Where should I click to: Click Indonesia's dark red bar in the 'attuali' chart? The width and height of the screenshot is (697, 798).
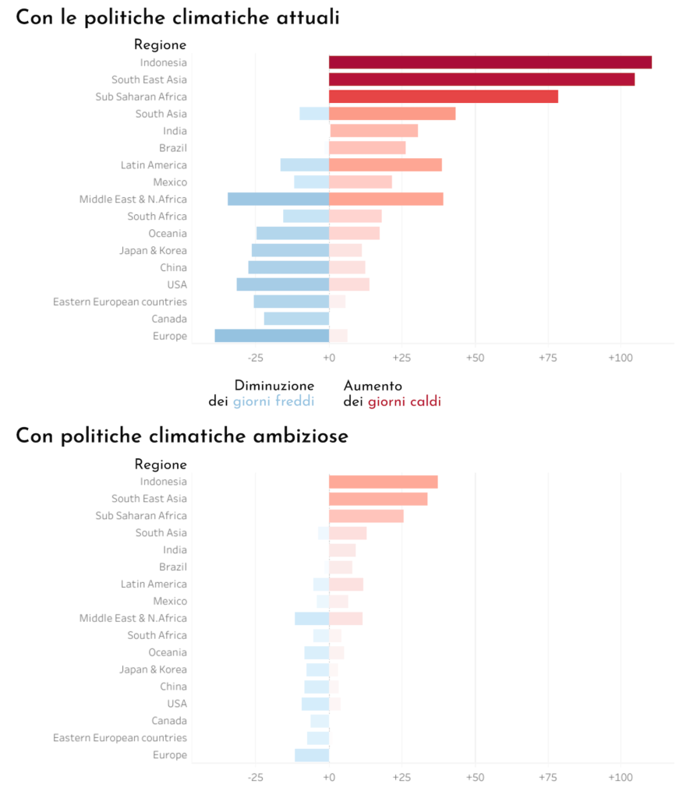490,62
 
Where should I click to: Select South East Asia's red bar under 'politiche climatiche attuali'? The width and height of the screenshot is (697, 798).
481,79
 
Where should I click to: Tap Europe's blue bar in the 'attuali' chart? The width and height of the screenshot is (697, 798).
271,336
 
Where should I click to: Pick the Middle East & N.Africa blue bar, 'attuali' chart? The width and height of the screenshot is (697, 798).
278,199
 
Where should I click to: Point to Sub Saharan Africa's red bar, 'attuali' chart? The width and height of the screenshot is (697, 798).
443,97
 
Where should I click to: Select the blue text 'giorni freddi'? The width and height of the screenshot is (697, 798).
274,401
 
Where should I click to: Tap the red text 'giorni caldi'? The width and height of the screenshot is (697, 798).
405,401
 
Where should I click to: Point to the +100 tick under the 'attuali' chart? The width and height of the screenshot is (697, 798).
621,358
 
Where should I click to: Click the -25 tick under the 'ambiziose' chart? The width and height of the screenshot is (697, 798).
255,777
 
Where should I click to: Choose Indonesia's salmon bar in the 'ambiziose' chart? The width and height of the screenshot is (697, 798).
383,482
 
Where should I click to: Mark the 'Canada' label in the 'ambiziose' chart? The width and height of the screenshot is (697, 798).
169,721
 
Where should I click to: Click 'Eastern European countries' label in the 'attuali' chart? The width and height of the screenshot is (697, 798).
120,302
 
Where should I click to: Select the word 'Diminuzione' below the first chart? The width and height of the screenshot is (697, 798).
274,386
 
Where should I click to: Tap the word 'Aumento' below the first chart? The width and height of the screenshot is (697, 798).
373,386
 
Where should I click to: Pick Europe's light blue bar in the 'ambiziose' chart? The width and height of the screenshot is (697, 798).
312,755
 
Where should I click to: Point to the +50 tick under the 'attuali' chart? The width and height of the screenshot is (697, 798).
475,358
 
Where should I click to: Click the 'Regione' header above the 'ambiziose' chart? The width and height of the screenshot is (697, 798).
161,464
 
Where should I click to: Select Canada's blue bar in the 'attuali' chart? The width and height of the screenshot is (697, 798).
296,319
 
